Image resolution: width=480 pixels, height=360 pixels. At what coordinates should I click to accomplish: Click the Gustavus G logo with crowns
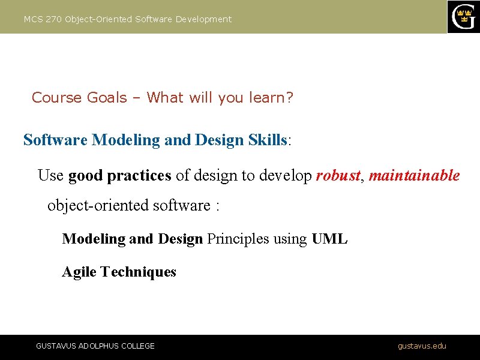coord(464,17)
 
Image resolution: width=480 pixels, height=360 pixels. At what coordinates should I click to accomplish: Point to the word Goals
coord(107,97)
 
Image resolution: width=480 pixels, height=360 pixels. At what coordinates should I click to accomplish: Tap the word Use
coord(50,176)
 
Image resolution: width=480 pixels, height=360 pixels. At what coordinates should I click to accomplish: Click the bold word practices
coord(139,176)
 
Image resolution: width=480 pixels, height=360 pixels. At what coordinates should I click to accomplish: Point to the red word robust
coord(338,176)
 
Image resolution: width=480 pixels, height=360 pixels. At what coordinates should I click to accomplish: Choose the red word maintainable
coord(414,176)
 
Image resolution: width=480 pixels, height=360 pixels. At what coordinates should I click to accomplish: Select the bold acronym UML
coord(329,239)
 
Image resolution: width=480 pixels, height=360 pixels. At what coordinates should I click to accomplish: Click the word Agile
coord(80,272)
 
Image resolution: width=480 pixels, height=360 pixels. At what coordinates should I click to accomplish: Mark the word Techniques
coord(139,272)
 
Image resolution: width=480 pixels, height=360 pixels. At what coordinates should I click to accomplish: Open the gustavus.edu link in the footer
coord(422,346)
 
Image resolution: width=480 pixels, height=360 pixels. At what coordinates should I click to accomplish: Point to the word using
coord(289,239)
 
